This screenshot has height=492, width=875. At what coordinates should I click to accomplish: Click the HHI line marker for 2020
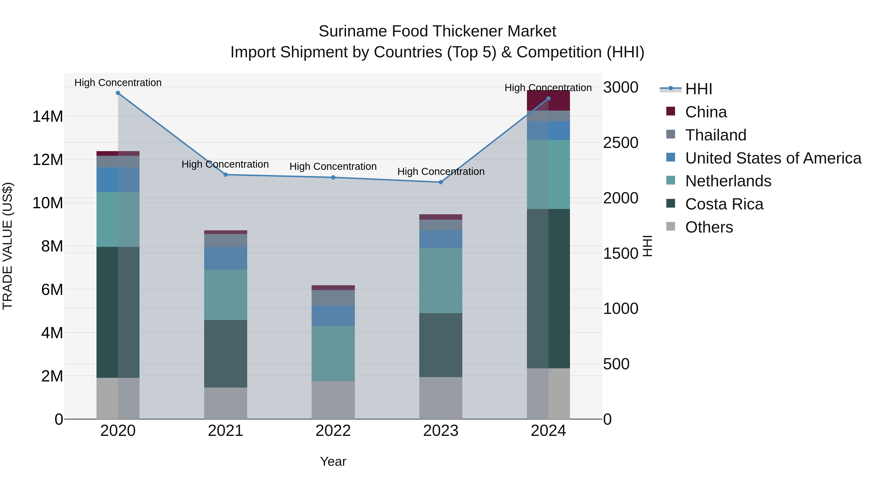(x=118, y=93)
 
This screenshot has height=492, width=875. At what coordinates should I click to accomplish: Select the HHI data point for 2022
(x=333, y=177)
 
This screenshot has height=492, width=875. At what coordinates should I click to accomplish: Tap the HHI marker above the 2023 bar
(x=441, y=182)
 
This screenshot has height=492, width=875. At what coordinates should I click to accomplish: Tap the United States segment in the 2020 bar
(x=118, y=179)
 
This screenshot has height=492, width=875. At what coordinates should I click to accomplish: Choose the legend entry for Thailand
(x=715, y=135)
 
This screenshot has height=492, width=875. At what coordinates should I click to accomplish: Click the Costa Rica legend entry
(x=724, y=204)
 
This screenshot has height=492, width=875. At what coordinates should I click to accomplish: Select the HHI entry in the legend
(x=698, y=89)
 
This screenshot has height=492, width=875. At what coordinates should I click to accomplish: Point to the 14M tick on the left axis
(x=48, y=116)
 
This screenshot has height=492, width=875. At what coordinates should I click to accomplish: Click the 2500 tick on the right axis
(x=621, y=143)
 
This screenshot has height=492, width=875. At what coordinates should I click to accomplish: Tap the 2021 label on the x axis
(x=225, y=431)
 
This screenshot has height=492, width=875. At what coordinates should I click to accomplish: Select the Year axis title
(x=333, y=461)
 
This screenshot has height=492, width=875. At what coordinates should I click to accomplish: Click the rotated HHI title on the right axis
(x=647, y=246)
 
